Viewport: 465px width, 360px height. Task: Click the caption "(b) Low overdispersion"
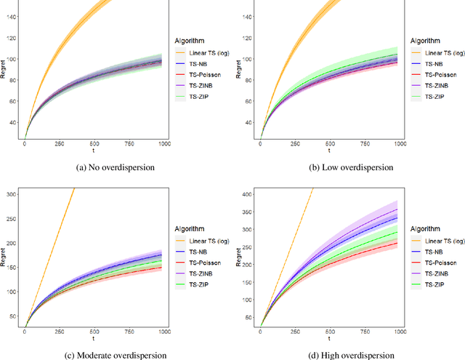pos(347,167)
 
